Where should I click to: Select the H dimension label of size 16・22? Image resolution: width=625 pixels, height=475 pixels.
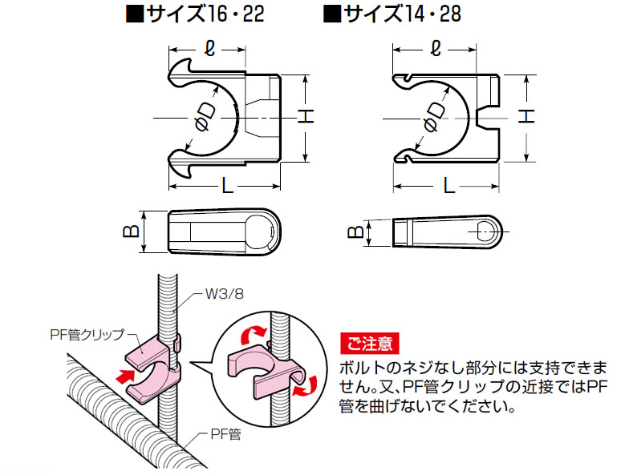pos(305,117)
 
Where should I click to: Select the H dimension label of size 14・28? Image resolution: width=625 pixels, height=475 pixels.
pos(526,117)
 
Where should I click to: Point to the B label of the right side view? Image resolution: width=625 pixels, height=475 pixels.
pos(353,233)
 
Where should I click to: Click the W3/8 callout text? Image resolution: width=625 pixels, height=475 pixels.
pos(223,294)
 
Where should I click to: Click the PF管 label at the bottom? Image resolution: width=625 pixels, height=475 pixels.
pos(225,435)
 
